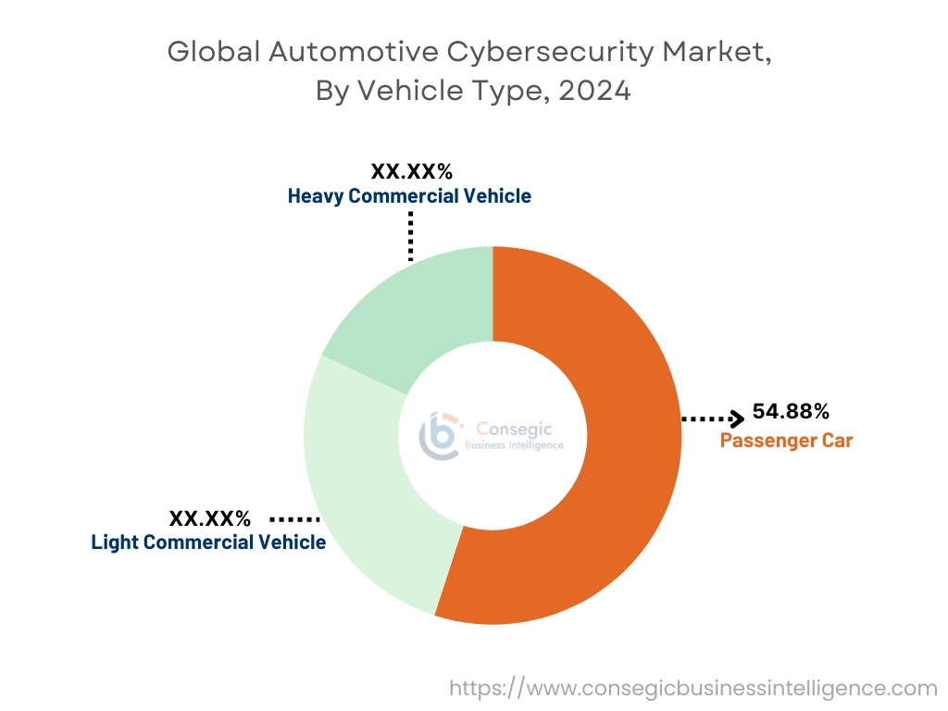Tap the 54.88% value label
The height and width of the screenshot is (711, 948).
click(x=790, y=411)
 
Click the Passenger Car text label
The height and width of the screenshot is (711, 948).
click(x=786, y=440)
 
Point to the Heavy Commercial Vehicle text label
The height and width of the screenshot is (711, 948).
click(x=409, y=196)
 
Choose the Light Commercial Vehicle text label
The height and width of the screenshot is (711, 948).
click(x=208, y=542)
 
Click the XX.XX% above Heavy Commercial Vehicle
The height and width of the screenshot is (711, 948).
click(x=411, y=171)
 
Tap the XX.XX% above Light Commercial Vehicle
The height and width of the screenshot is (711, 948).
click(x=209, y=518)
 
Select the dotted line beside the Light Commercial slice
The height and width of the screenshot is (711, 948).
click(x=294, y=519)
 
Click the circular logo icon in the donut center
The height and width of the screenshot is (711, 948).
click(x=440, y=434)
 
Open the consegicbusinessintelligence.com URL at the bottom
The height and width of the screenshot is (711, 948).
click(x=693, y=688)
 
